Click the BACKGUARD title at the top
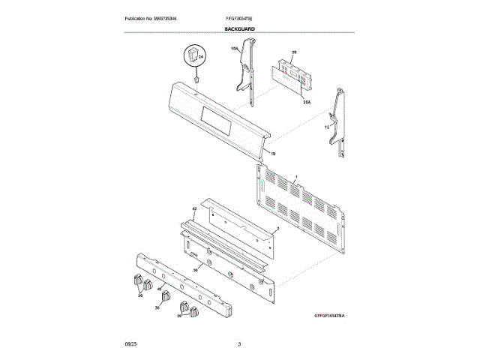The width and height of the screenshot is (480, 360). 239,28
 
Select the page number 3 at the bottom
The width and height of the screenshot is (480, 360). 239,344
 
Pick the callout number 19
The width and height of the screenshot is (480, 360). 274,154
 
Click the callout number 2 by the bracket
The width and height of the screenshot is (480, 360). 277,228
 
